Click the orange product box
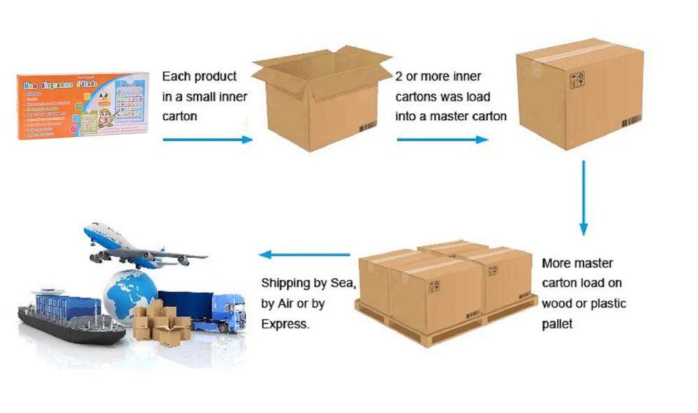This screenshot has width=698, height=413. click(x=82, y=106)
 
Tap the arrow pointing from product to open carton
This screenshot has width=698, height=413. click(x=207, y=140)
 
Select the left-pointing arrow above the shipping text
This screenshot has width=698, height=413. click(x=304, y=254)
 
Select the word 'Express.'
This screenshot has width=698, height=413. click(x=285, y=324)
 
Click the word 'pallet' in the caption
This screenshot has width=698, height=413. click(x=557, y=324)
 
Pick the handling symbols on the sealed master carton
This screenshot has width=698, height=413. click(x=577, y=80)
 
